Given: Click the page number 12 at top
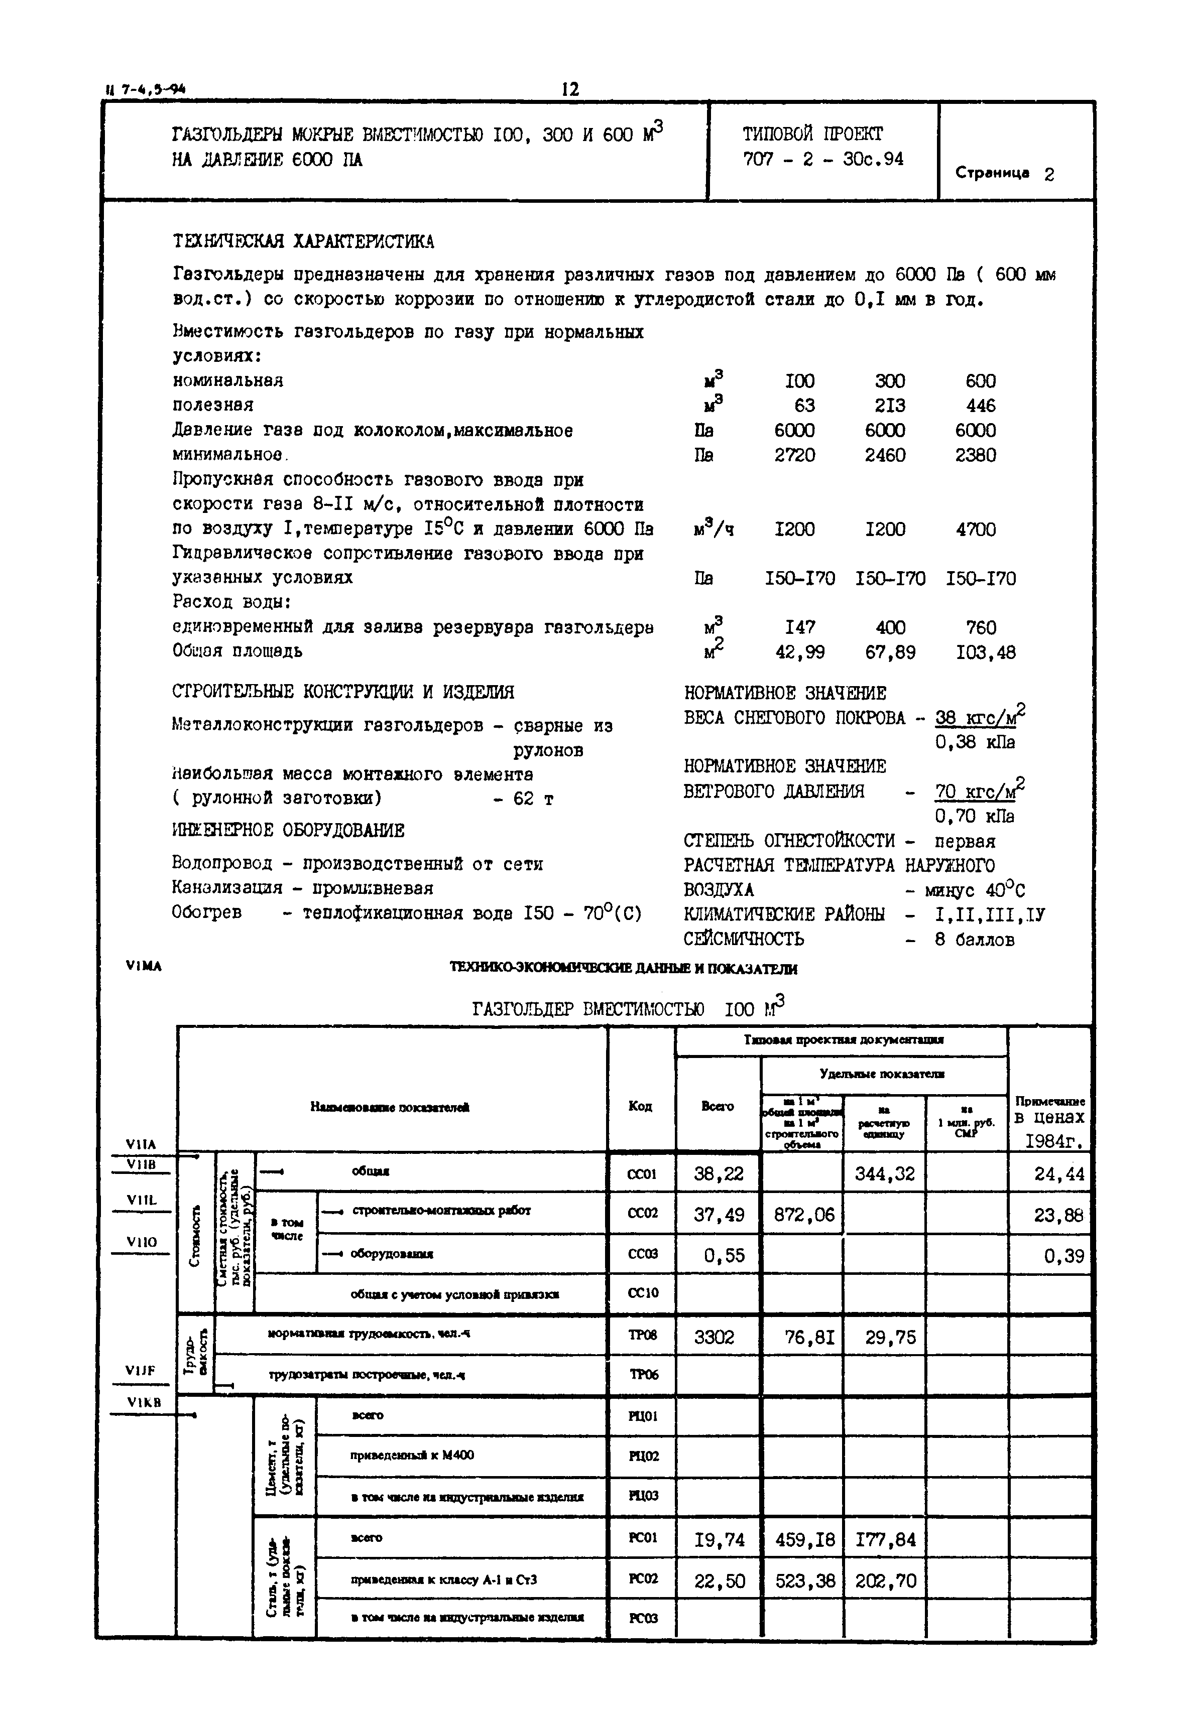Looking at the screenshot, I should click(x=569, y=90).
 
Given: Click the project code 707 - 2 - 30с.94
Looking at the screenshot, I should click(x=822, y=159).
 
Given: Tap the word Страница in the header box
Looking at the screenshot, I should click(x=992, y=173).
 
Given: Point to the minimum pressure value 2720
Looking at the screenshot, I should click(x=794, y=455).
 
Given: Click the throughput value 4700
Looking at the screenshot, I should click(x=976, y=530).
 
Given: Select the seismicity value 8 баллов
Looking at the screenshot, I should click(x=974, y=940).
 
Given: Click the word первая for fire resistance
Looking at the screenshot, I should click(x=965, y=842).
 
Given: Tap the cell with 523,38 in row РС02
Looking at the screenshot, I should click(x=805, y=1581).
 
